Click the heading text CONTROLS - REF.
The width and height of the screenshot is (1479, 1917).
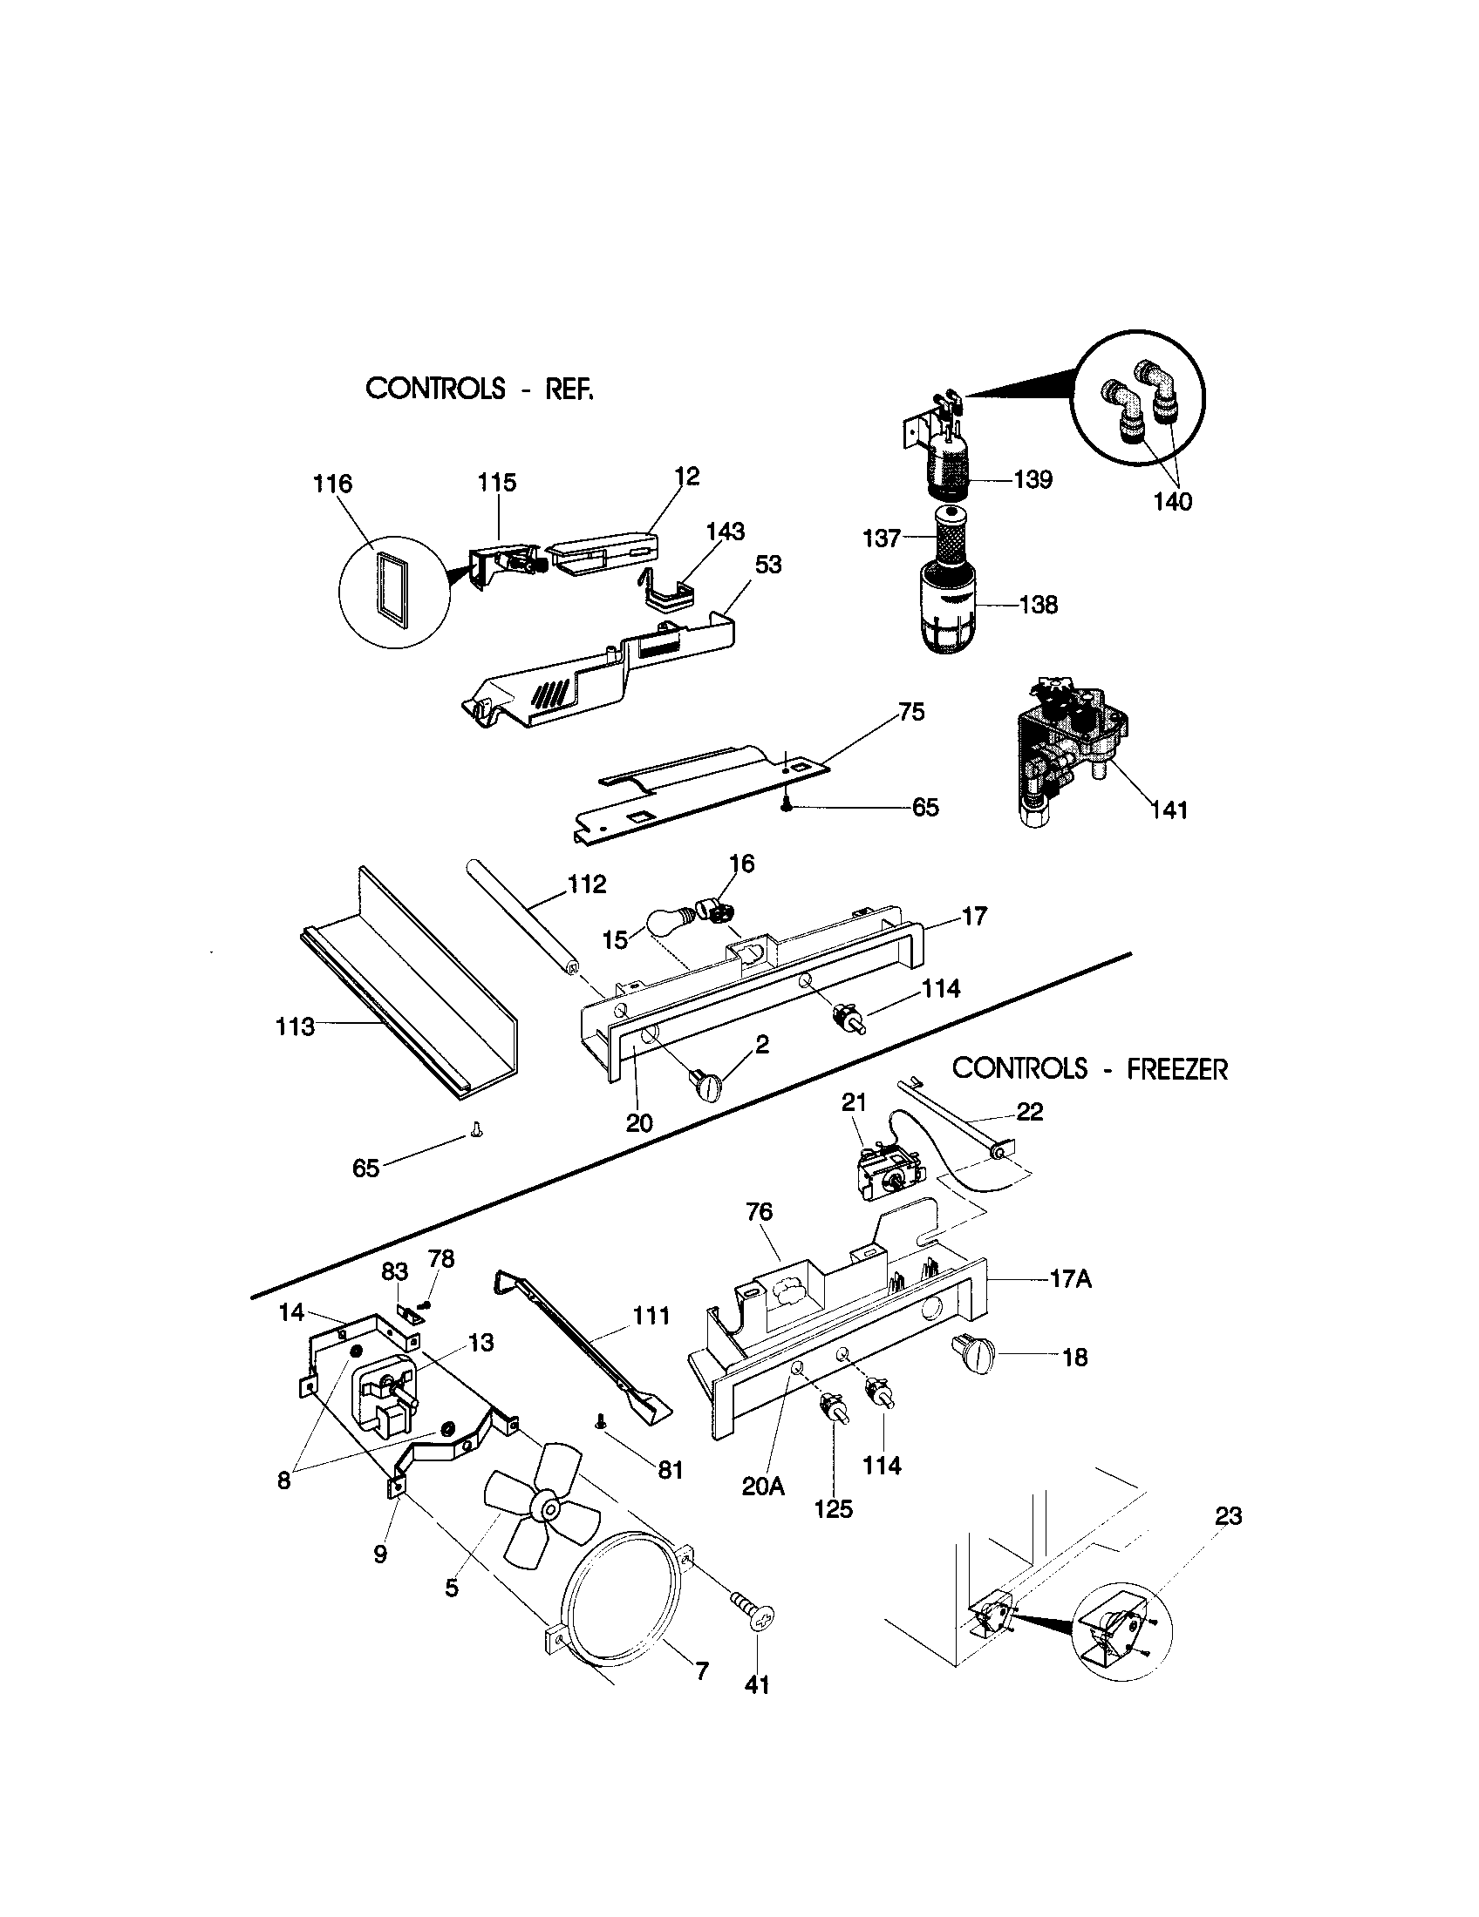(x=479, y=388)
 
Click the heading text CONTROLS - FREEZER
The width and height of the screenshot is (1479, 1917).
(x=1089, y=1068)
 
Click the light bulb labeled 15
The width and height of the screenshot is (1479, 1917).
(x=671, y=921)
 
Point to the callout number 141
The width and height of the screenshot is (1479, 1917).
(x=1169, y=809)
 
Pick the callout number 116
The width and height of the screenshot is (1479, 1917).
(x=333, y=484)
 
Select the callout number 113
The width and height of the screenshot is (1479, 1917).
(x=295, y=1026)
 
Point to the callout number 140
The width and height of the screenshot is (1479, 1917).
(x=1173, y=501)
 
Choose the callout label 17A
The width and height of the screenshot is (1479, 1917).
(x=1071, y=1279)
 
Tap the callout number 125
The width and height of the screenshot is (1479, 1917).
(x=833, y=1508)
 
